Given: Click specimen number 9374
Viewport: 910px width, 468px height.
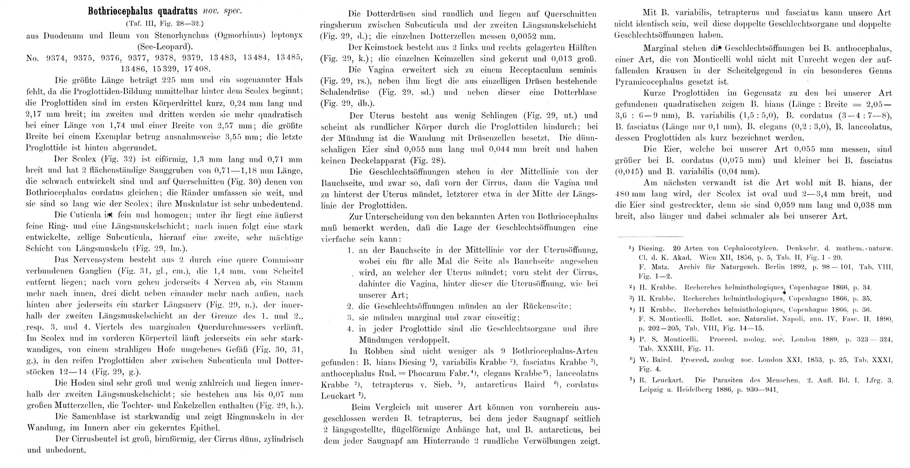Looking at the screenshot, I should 56,58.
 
